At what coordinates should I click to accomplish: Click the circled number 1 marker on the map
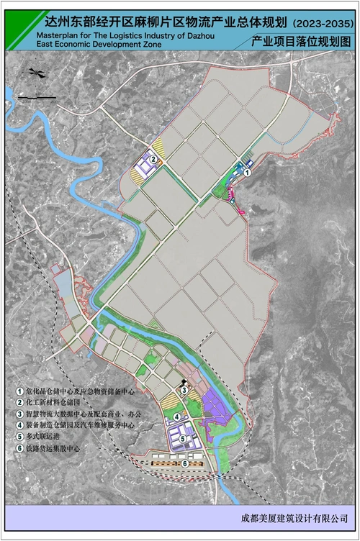(248, 173)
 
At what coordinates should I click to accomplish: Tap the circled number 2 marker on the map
(153, 160)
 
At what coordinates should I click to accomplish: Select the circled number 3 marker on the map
(184, 391)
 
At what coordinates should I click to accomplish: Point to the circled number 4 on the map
(176, 416)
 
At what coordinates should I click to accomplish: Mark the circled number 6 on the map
(186, 463)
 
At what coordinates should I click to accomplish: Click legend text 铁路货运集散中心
(55, 448)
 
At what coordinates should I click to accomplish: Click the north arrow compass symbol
(35, 72)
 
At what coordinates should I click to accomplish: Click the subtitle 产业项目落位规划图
(302, 44)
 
